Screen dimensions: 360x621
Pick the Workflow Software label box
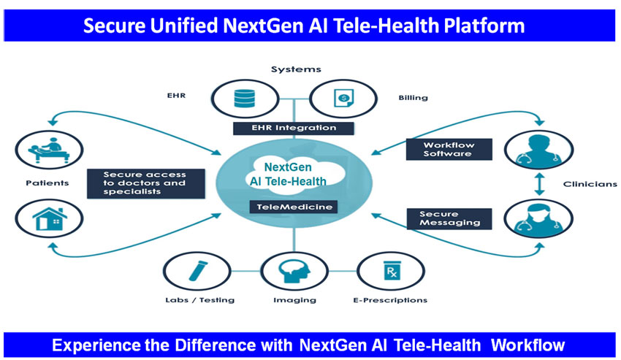tap(449, 149)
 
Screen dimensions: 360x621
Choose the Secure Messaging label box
tap(449, 218)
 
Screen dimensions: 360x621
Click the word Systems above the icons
tap(296, 69)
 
